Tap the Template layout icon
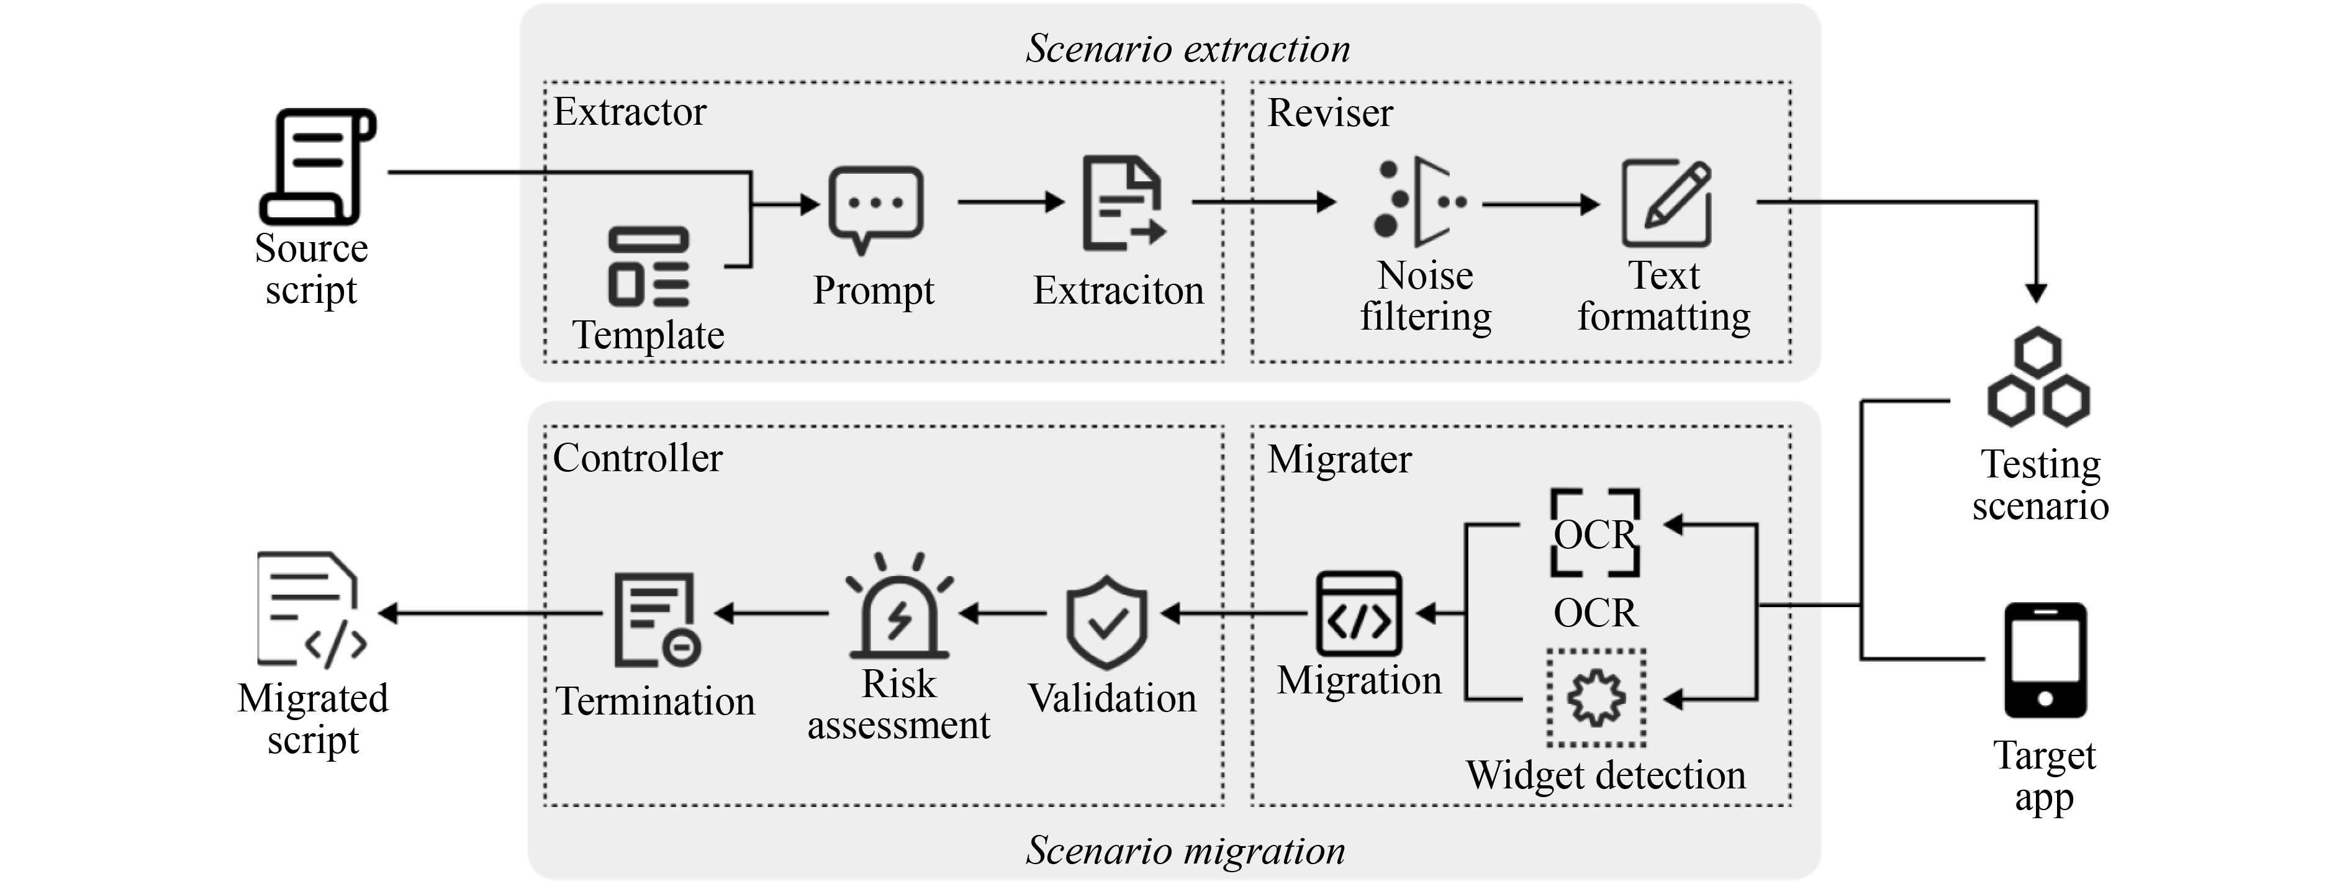(x=649, y=266)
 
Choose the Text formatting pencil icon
(x=1666, y=202)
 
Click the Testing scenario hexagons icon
(x=2038, y=377)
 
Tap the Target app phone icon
(x=2045, y=660)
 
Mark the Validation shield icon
(x=1106, y=621)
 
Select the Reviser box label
(x=1330, y=113)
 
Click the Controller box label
(x=637, y=458)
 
